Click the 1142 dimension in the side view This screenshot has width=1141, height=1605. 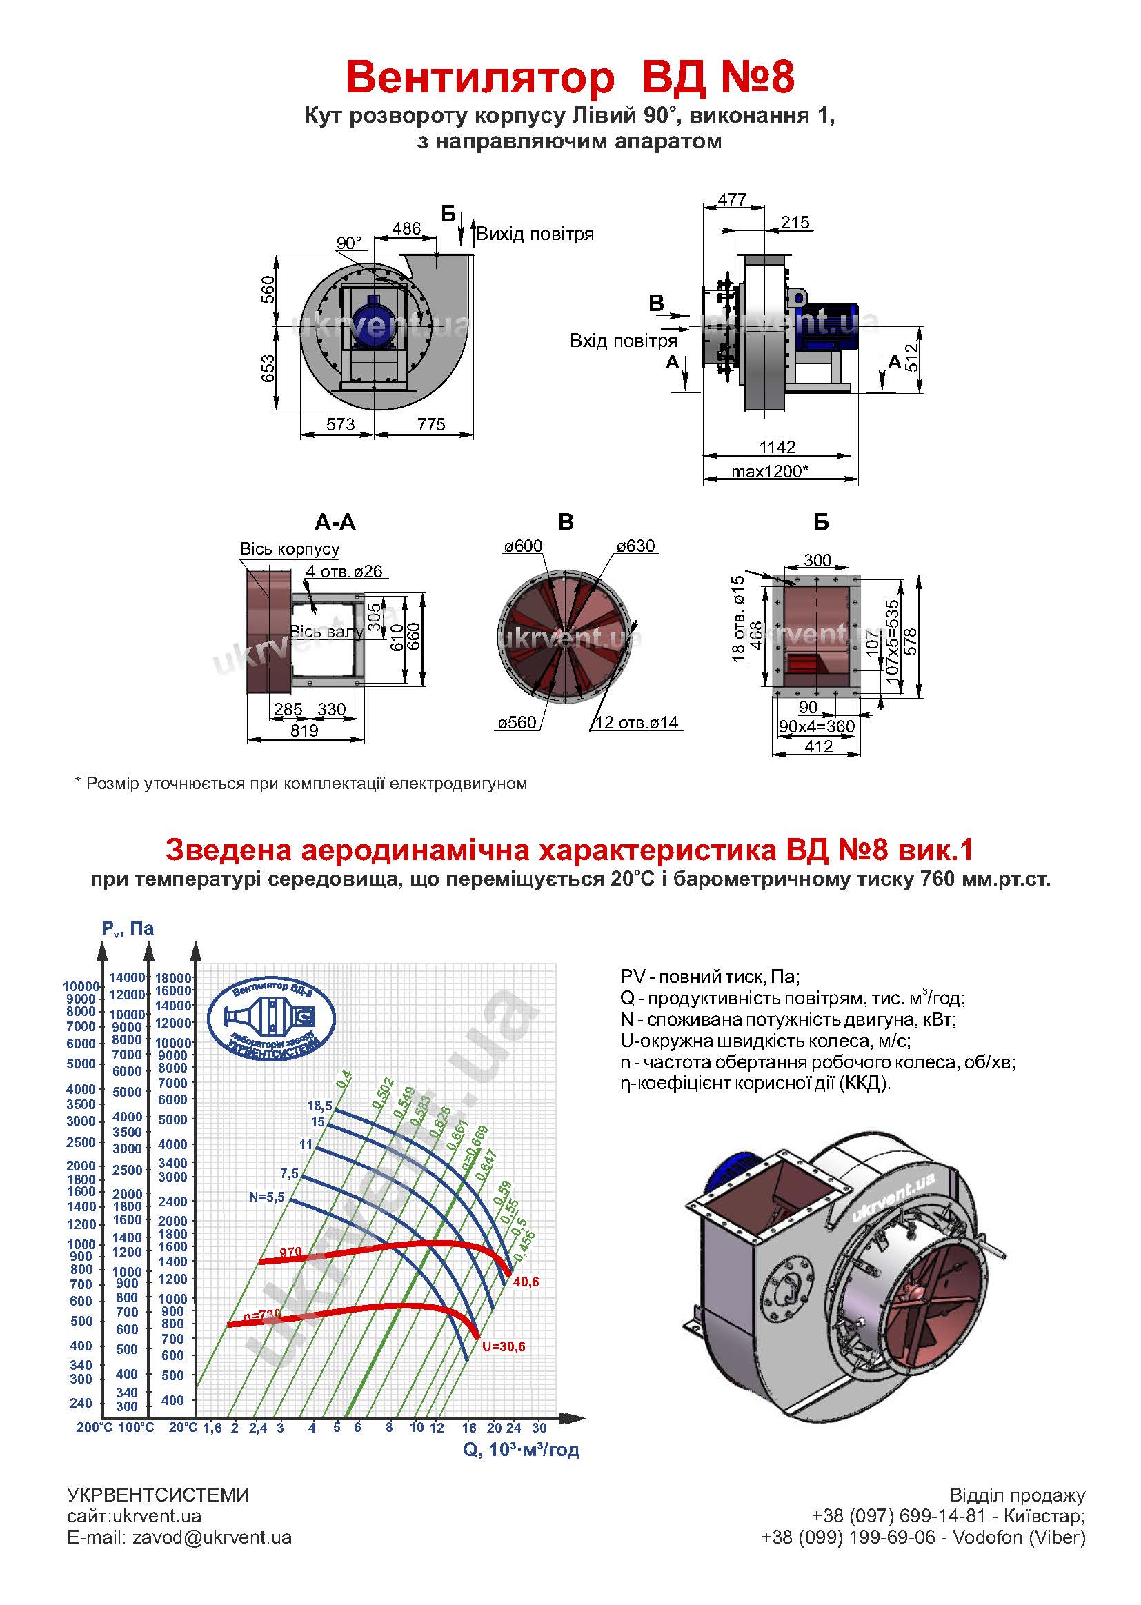[x=777, y=447]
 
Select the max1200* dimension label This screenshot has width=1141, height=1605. [x=769, y=471]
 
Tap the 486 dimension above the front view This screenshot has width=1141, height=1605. [x=406, y=228]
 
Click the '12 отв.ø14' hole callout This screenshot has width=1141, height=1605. [x=637, y=722]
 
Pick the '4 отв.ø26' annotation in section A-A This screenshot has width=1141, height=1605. [x=344, y=571]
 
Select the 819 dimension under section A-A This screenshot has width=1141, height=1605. [x=304, y=730]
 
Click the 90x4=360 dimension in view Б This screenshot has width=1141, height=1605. [x=816, y=726]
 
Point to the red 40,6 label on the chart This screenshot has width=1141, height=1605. [x=526, y=1282]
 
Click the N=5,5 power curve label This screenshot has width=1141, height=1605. [x=266, y=1197]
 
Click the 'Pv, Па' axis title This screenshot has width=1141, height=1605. [x=127, y=928]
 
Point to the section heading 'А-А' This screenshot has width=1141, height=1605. [x=335, y=522]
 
